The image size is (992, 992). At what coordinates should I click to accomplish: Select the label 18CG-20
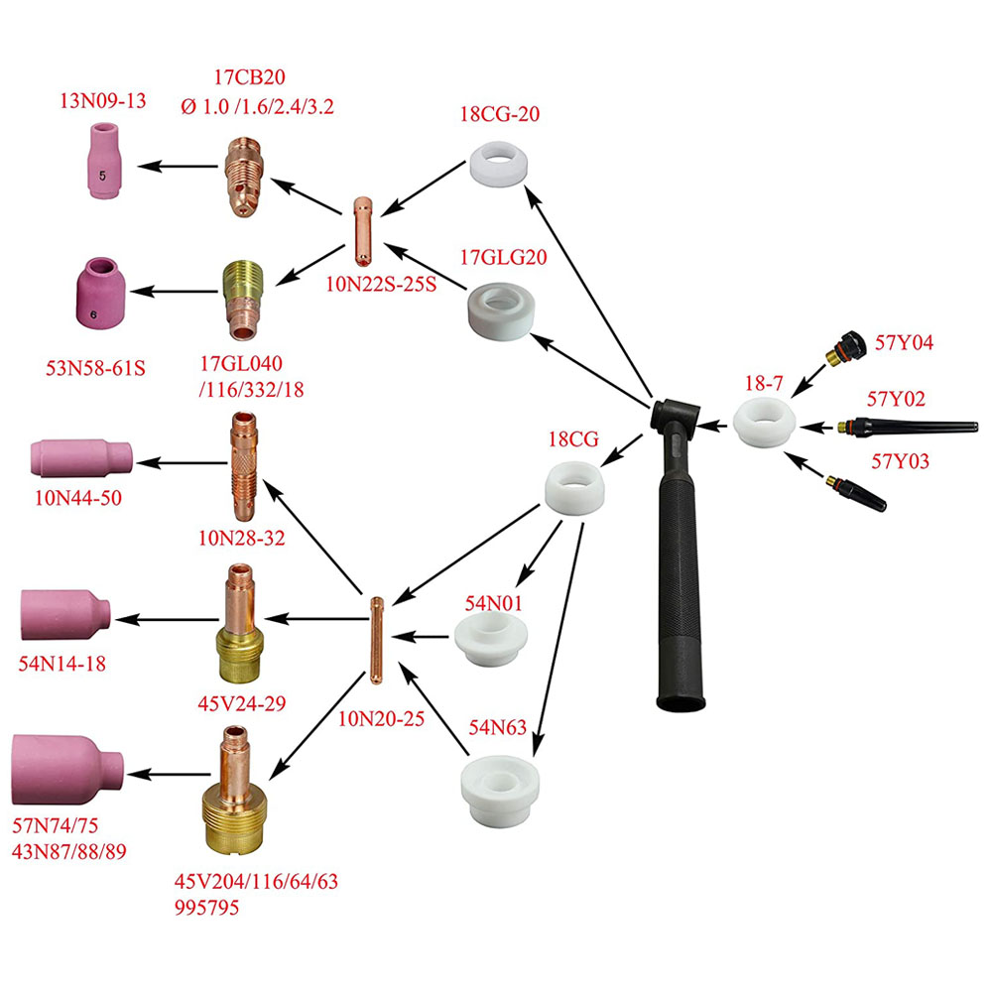coord(500,113)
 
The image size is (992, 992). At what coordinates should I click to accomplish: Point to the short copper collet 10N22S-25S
coord(363,231)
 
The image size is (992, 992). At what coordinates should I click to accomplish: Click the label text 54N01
coord(493,602)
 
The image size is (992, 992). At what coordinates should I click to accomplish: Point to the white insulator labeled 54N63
coord(501,783)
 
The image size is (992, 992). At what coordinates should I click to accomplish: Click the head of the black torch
coord(678,416)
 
